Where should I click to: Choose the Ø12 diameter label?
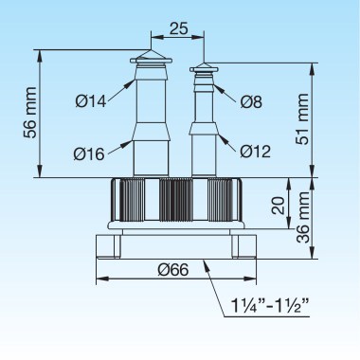pos(254,151)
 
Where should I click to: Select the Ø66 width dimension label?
pos(177,269)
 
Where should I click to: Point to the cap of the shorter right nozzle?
pos(204,69)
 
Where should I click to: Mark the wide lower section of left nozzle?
pos(150,157)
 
